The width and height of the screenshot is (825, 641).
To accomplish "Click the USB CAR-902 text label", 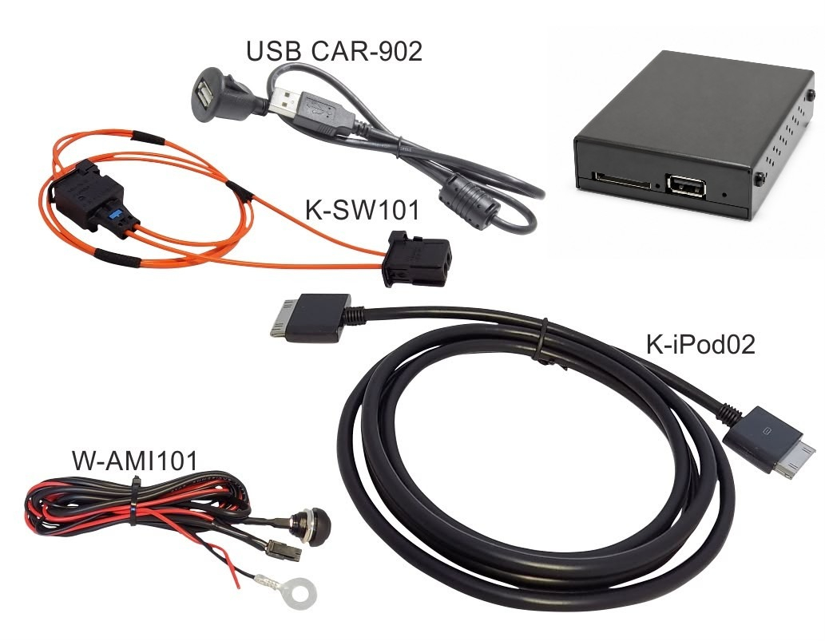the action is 334,52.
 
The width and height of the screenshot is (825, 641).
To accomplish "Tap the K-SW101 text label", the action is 363,210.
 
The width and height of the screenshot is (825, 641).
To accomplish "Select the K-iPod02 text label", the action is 700,344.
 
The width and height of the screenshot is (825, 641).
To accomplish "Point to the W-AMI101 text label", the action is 135,461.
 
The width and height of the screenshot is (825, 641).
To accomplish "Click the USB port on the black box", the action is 686,186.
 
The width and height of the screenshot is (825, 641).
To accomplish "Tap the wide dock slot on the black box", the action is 623,180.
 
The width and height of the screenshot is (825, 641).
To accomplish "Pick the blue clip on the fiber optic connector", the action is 114,214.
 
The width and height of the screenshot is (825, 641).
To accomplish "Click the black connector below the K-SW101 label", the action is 418,259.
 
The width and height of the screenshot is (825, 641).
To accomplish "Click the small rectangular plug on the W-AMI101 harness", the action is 284,548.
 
